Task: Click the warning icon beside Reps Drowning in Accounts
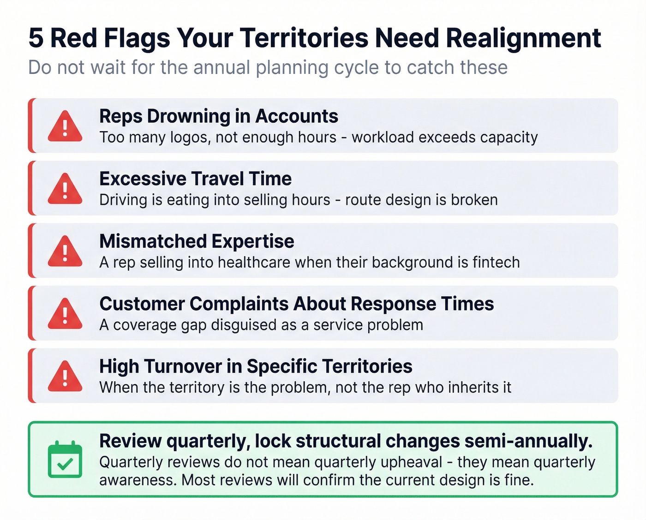click(x=65, y=126)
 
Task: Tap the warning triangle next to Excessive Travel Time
click(x=65, y=189)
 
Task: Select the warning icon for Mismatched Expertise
click(x=65, y=251)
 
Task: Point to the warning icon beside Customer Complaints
click(x=65, y=314)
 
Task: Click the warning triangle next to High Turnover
click(x=65, y=376)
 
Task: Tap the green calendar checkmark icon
click(x=65, y=460)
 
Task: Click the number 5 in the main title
click(x=36, y=38)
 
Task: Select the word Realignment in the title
click(x=524, y=38)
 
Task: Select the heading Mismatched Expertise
click(x=197, y=241)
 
